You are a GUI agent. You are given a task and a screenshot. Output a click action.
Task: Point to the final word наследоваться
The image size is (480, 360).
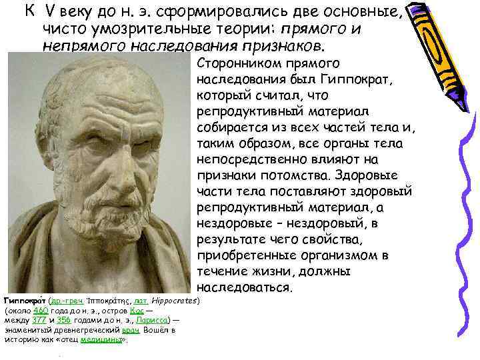click(244, 288)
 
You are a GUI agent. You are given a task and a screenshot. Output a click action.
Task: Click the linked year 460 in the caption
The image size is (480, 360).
click(41, 310)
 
